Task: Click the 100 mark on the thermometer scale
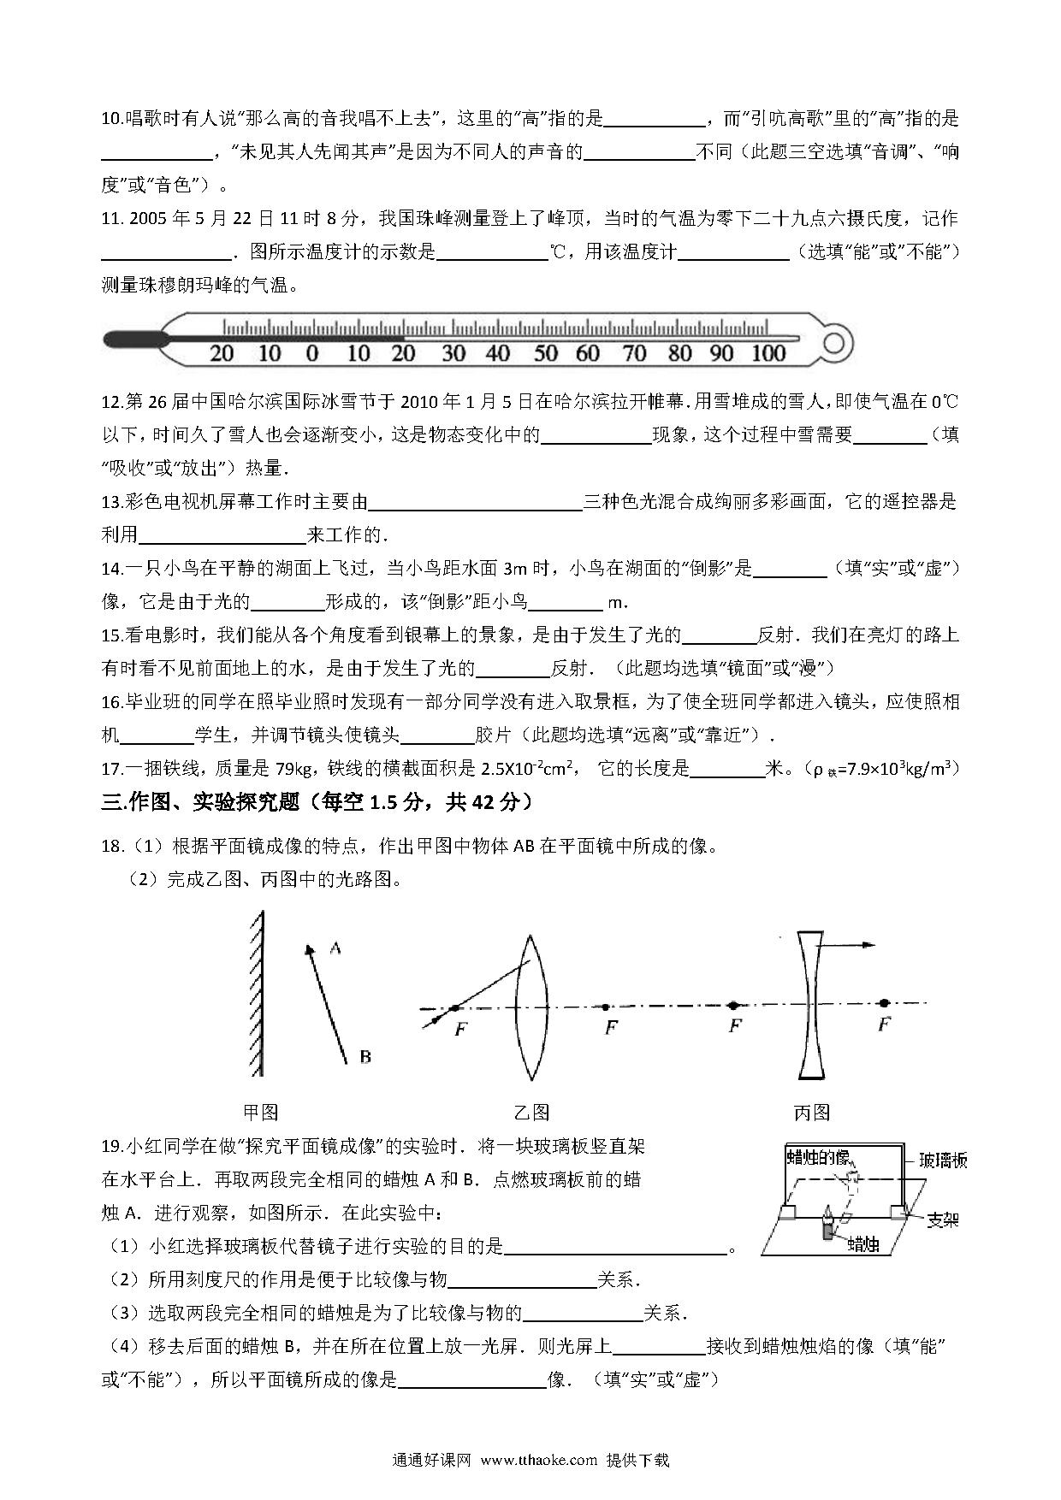coord(768,353)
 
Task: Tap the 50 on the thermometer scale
coord(545,353)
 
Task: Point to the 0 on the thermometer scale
coord(311,353)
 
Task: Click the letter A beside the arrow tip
coord(335,948)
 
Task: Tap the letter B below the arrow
coord(365,1057)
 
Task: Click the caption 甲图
coord(261,1113)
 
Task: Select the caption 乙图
coord(531,1113)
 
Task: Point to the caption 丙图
coord(811,1113)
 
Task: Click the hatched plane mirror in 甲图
coord(257,992)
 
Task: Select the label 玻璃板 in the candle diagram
coord(943,1160)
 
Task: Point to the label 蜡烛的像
coord(819,1158)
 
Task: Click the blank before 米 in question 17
coord(726,769)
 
